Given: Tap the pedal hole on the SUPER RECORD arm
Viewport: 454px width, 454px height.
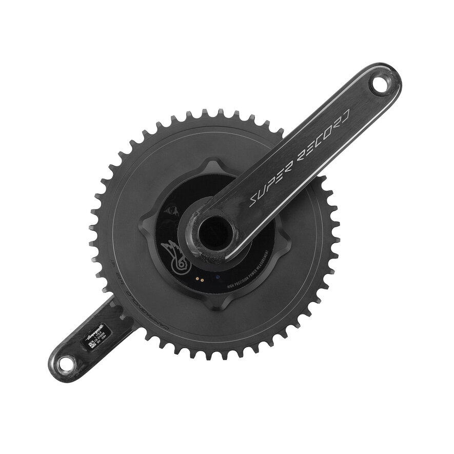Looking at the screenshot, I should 381,83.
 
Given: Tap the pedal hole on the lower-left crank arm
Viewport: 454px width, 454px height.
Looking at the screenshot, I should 66,363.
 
